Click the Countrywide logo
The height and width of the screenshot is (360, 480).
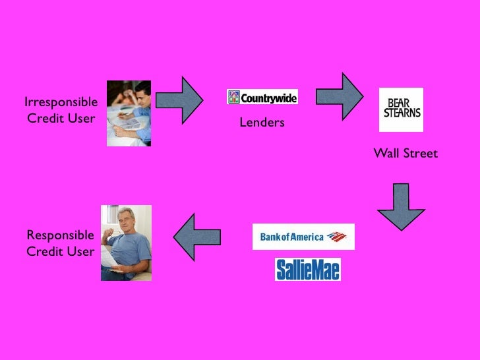262,97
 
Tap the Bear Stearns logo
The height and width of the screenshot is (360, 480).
401,109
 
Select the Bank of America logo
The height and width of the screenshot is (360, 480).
303,237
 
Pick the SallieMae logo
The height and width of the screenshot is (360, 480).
307,270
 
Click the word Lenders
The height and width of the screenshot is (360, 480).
262,122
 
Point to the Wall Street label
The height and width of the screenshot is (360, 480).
405,154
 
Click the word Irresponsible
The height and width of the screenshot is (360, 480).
61,102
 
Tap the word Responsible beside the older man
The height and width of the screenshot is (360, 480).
60,235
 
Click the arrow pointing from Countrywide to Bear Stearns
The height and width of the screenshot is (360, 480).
340,95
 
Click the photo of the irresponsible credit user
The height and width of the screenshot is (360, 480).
129,113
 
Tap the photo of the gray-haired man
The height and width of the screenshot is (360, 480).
126,243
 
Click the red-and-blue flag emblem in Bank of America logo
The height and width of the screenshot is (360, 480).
336,237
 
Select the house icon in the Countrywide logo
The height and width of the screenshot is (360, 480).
234,98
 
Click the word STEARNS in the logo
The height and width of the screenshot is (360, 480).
401,113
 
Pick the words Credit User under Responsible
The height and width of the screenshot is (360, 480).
60,251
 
